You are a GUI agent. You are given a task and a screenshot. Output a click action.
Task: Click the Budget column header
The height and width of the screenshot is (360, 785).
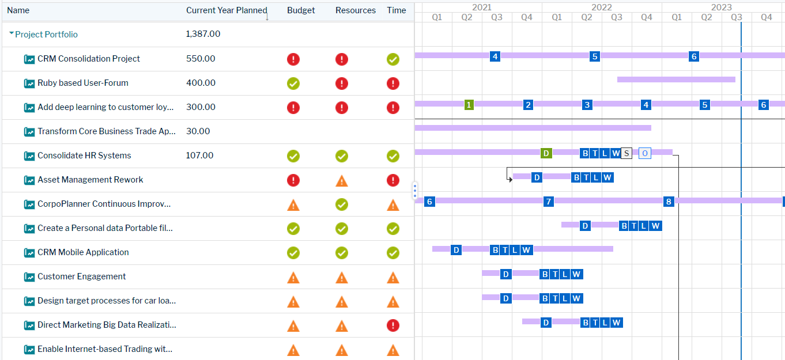301,10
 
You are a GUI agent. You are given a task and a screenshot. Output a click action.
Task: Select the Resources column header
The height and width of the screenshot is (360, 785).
355,10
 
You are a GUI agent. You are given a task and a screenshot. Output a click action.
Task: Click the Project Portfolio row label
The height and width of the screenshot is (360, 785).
46,35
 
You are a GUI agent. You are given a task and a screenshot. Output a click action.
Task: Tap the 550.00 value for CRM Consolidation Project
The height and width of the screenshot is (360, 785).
201,59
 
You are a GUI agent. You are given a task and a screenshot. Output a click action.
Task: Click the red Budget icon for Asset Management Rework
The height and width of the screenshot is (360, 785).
293,180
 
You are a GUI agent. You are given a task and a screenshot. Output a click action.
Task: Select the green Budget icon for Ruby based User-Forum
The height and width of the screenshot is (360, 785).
293,84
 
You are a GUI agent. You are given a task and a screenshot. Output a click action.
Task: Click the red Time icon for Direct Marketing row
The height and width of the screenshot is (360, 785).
393,325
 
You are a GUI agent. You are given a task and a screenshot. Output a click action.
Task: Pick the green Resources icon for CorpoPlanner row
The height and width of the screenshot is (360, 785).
342,204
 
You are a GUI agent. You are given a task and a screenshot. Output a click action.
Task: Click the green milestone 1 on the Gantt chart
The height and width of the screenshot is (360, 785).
469,105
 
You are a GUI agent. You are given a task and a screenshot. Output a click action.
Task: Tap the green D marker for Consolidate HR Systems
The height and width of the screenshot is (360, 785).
546,153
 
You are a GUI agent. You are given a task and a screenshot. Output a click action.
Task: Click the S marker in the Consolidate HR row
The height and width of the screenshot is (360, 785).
627,153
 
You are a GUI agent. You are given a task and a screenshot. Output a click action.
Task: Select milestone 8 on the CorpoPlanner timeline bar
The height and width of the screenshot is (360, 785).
669,202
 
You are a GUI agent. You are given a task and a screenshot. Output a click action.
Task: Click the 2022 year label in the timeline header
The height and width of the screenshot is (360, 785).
602,7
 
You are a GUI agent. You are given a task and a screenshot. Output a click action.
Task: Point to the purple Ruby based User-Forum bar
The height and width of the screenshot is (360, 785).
676,79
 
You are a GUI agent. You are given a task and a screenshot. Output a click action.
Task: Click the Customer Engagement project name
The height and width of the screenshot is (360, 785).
82,276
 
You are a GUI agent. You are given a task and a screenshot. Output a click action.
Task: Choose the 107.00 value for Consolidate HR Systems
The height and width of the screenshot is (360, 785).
199,156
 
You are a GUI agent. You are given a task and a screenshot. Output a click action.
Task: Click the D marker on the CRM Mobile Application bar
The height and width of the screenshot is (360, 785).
456,250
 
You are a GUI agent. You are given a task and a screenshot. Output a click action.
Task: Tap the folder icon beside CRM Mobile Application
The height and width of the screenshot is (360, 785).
29,253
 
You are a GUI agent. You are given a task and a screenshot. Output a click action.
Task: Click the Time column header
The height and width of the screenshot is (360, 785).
397,10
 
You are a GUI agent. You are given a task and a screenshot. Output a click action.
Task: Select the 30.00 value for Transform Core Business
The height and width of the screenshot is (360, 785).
198,131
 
